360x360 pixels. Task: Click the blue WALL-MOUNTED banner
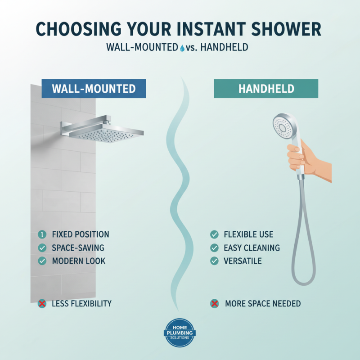coord(94,89)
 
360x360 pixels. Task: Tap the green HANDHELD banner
coord(265,89)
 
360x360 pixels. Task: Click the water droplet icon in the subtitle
coord(182,47)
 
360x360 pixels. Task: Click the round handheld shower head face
coord(282,125)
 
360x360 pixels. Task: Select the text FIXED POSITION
coord(81,234)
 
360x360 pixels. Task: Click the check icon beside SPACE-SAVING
coord(42,247)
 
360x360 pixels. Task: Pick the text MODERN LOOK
coord(79,261)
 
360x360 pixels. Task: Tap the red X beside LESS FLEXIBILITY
coord(42,304)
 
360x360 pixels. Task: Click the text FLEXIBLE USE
coord(248,234)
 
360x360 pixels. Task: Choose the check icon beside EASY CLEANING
coord(215,247)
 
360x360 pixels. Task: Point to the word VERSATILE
coord(243,261)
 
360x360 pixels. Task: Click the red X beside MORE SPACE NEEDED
coord(215,304)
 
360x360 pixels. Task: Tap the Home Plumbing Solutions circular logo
coord(180,333)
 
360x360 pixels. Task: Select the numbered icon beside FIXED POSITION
coord(42,234)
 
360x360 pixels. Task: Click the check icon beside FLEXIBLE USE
coord(215,234)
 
